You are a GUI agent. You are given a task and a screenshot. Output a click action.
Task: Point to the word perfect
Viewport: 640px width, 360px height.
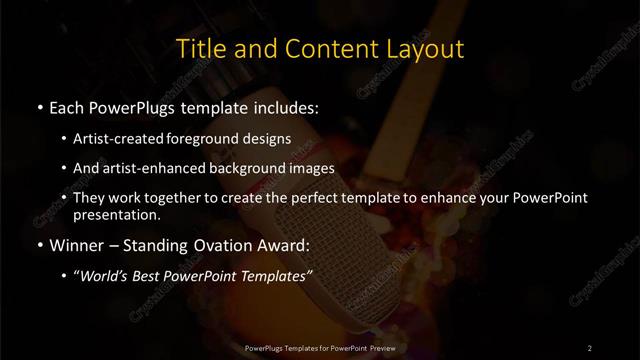click(x=315, y=198)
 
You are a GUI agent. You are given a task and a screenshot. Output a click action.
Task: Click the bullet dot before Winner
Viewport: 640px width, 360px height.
click(x=38, y=245)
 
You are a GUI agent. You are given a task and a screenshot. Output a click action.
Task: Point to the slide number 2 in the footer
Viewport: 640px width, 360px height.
click(x=589, y=348)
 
